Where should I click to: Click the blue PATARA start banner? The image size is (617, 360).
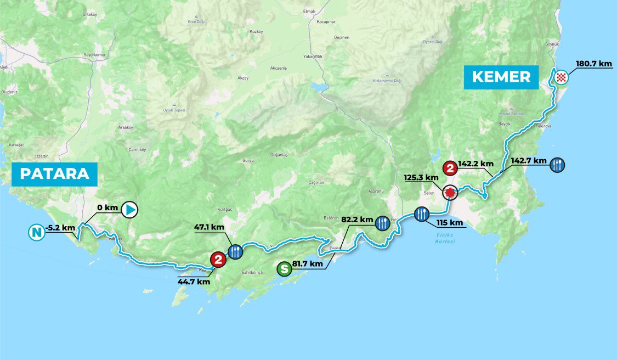click(54, 174)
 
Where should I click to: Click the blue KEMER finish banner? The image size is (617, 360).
click(502, 77)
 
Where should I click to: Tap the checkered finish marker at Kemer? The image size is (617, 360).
click(560, 77)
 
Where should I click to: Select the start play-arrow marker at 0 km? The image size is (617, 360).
click(129, 209)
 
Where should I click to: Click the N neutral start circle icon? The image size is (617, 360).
click(36, 233)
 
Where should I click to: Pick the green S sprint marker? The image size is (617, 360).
click(284, 269)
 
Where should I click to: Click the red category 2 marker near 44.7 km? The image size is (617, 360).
click(218, 259)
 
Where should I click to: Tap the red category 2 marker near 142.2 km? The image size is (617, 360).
click(450, 168)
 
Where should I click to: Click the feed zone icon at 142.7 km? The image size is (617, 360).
click(557, 164)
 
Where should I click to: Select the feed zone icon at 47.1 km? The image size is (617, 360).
click(235, 251)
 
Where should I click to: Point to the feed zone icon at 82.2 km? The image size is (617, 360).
click(382, 222)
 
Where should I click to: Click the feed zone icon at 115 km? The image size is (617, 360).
click(421, 213)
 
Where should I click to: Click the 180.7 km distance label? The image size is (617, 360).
click(593, 64)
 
